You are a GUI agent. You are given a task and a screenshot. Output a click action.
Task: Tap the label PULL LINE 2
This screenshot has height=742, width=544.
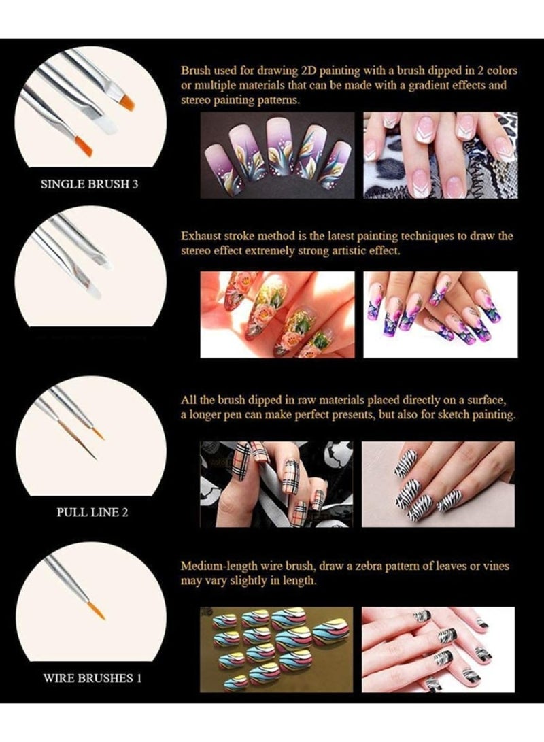(x=91, y=512)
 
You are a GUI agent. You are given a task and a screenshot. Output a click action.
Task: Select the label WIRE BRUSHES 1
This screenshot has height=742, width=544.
(x=92, y=677)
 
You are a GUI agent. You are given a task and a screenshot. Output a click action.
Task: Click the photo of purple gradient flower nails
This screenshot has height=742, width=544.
(x=277, y=154)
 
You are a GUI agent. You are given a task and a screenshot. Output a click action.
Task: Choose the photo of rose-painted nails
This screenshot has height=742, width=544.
(x=277, y=314)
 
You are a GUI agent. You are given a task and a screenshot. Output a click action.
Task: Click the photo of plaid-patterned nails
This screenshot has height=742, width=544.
(x=277, y=484)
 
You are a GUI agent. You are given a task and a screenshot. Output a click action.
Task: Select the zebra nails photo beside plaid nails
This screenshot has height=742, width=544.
(x=438, y=484)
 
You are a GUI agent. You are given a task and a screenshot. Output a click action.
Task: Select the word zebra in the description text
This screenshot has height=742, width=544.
(x=375, y=566)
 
